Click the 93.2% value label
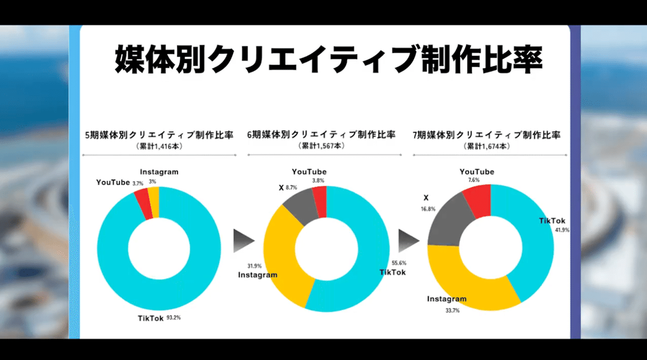pos(173,318)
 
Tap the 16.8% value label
pos(428,209)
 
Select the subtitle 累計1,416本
pos(159,146)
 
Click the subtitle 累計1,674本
pos(487,146)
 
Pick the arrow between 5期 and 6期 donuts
pos(244,241)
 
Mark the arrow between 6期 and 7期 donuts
pos(409,241)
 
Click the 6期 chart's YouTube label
pos(309,172)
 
